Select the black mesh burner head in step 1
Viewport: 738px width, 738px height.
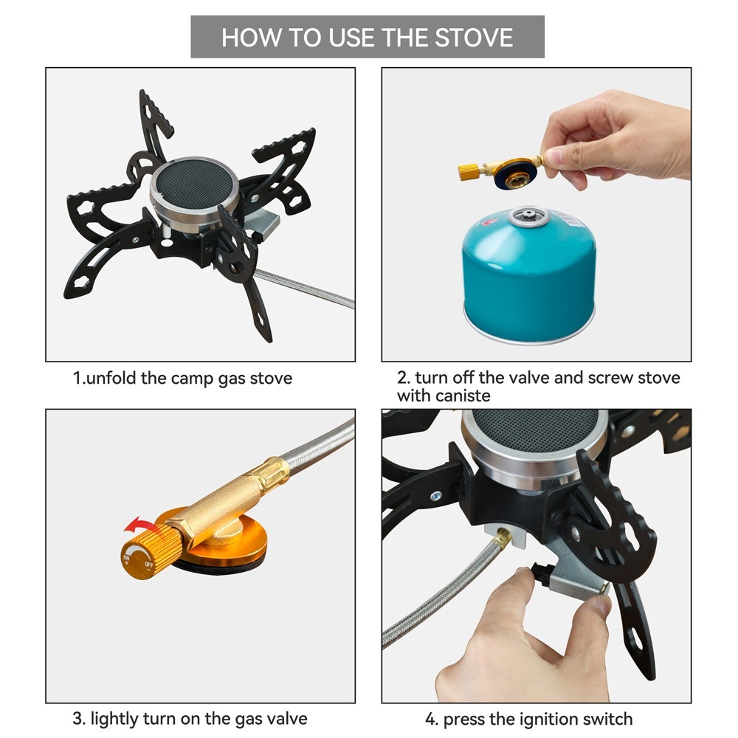195,181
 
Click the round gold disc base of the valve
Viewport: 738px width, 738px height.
221,543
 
